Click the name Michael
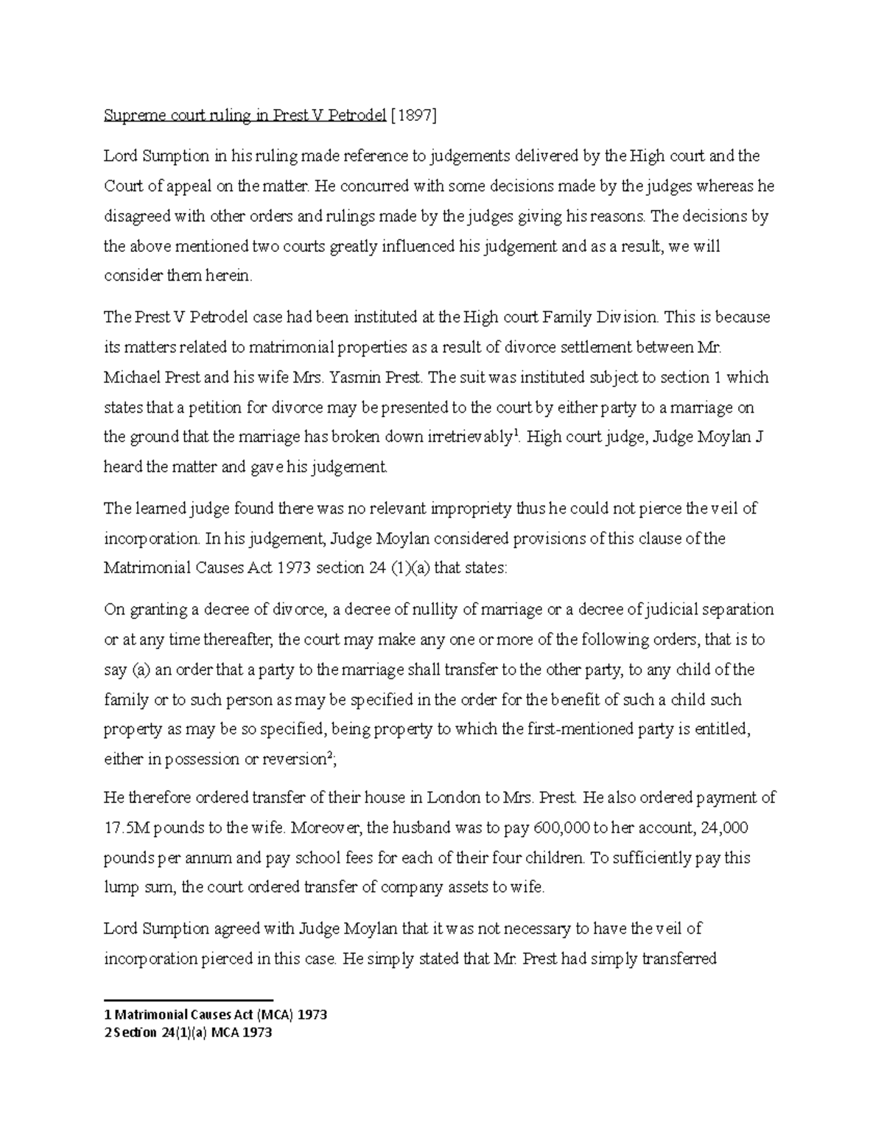coord(129,377)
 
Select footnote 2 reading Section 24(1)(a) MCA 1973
coord(189,1033)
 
